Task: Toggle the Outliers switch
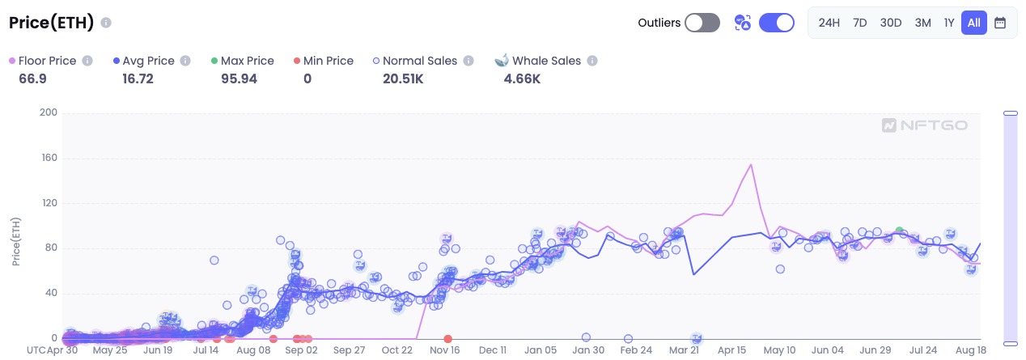click(x=702, y=23)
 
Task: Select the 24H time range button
click(x=829, y=23)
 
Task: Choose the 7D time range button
click(x=860, y=23)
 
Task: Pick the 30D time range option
click(x=891, y=23)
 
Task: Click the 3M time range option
click(x=922, y=23)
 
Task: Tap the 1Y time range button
click(x=949, y=23)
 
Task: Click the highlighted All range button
click(x=973, y=23)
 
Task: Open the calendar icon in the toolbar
click(x=1000, y=23)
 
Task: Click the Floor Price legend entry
click(x=47, y=61)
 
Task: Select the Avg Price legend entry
click(x=148, y=61)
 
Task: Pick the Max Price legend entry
click(x=247, y=61)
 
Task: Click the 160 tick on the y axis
click(x=48, y=158)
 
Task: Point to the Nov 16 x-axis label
click(x=444, y=350)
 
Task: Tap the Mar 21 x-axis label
click(x=684, y=350)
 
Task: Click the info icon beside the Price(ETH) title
click(x=107, y=23)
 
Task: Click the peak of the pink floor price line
click(x=751, y=165)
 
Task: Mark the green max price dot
click(x=899, y=231)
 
